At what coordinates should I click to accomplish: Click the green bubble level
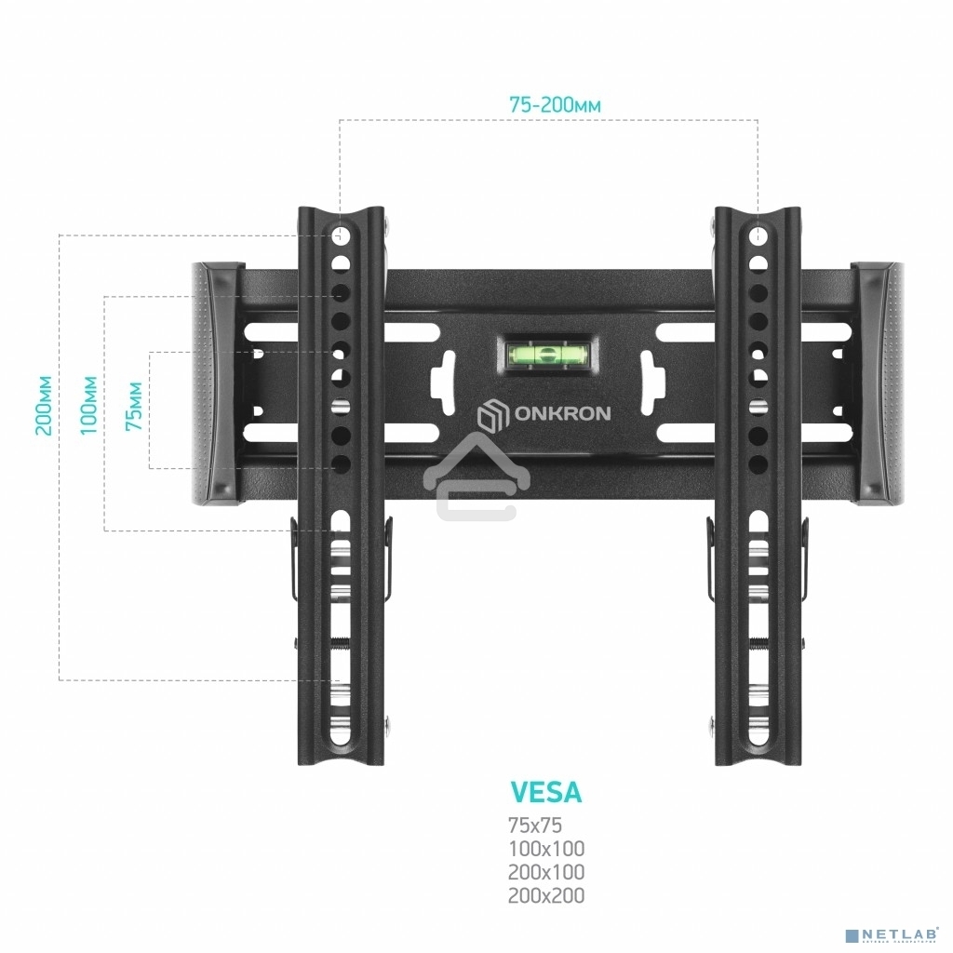(546, 354)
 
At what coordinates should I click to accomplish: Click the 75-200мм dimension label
(555, 105)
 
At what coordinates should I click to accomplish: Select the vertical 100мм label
(88, 407)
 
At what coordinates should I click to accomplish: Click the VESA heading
(546, 792)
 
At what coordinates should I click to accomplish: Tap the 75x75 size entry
(535, 825)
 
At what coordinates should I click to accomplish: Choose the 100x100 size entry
(546, 849)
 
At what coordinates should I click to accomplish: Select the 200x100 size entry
(546, 873)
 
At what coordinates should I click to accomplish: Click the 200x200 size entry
(546, 896)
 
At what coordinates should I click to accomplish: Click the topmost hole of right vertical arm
(758, 233)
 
